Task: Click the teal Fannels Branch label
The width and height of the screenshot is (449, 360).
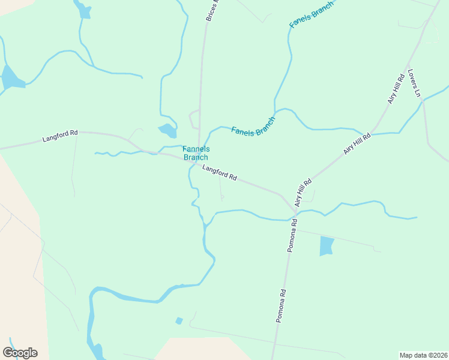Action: coord(196,153)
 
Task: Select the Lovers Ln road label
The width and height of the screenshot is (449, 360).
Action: coord(415,83)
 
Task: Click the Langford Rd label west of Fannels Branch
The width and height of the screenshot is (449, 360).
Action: coord(60,137)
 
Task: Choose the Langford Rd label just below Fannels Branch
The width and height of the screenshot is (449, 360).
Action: coord(220,173)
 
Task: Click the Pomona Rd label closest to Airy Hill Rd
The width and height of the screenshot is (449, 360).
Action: coord(292,234)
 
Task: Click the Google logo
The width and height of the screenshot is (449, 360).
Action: coord(20,352)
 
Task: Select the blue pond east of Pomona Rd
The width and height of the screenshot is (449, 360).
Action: coord(326,246)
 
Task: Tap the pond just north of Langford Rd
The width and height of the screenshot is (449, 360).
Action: coord(167,130)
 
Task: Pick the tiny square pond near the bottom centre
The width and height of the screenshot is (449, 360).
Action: coord(179,320)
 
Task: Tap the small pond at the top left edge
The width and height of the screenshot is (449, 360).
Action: coord(85,11)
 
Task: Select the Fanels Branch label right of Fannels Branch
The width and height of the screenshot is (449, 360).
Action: coord(253,125)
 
